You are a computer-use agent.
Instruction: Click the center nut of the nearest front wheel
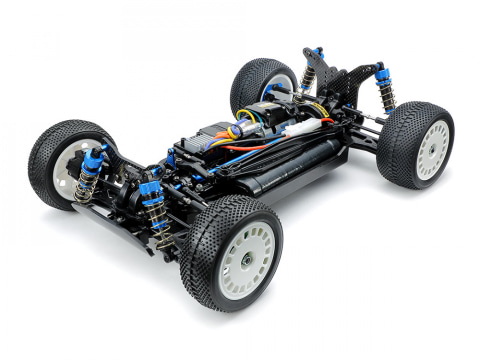tap(245, 258)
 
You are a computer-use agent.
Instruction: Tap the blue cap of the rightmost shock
tap(381, 71)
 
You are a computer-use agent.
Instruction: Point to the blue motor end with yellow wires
tap(250, 114)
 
